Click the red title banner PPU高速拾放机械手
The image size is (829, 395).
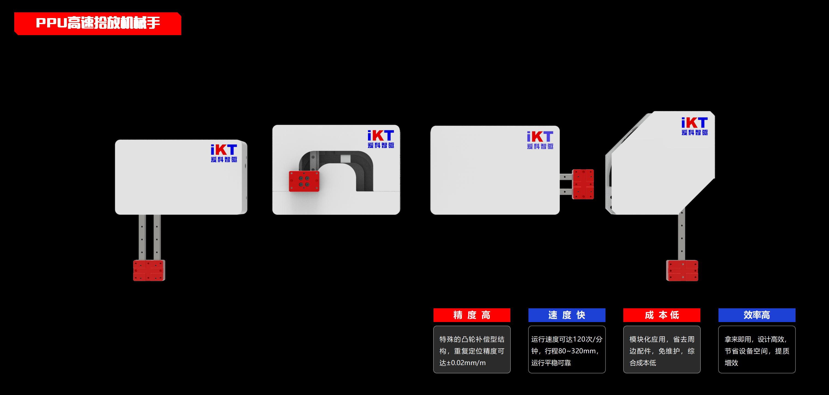click(98, 24)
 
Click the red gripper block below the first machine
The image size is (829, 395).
click(149, 270)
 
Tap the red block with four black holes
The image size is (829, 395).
click(304, 181)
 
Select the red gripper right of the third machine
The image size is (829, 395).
click(583, 184)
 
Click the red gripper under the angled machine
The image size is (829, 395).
click(682, 270)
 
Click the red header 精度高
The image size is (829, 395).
click(472, 315)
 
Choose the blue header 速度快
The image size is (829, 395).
click(567, 315)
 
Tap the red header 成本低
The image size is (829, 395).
click(662, 315)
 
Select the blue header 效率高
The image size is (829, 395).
click(757, 315)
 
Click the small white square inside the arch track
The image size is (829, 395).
click(346, 158)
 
